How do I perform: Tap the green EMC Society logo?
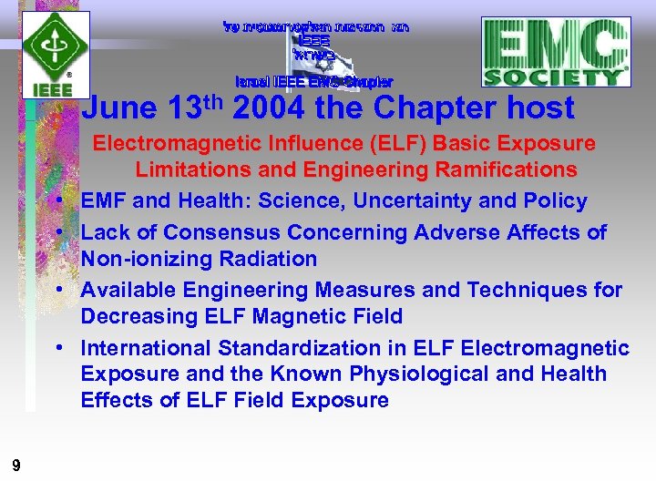pyautogui.click(x=556, y=52)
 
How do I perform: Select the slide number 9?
pyautogui.click(x=16, y=466)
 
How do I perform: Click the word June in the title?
pyautogui.click(x=119, y=109)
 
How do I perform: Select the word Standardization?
pyautogui.click(x=301, y=348)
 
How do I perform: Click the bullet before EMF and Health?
pyautogui.click(x=57, y=201)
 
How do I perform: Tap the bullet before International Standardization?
pyautogui.click(x=57, y=349)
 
